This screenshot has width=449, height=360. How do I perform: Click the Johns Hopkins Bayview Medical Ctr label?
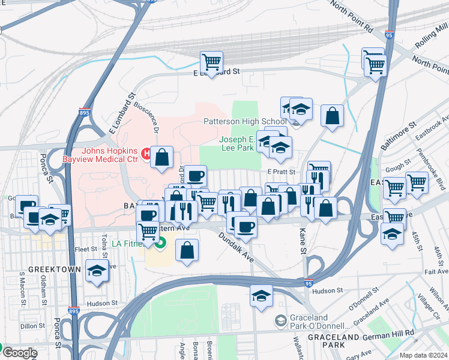pos(102,155)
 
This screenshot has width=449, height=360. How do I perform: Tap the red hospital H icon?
pos(146,154)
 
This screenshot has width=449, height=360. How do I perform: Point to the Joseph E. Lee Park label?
pos(236,143)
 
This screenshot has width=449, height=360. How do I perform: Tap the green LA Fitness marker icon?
pos(160,244)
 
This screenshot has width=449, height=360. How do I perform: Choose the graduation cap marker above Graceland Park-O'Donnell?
pos(261,296)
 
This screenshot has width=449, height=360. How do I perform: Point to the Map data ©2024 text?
pos(423,355)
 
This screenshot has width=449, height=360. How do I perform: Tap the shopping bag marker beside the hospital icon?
pos(162,157)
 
